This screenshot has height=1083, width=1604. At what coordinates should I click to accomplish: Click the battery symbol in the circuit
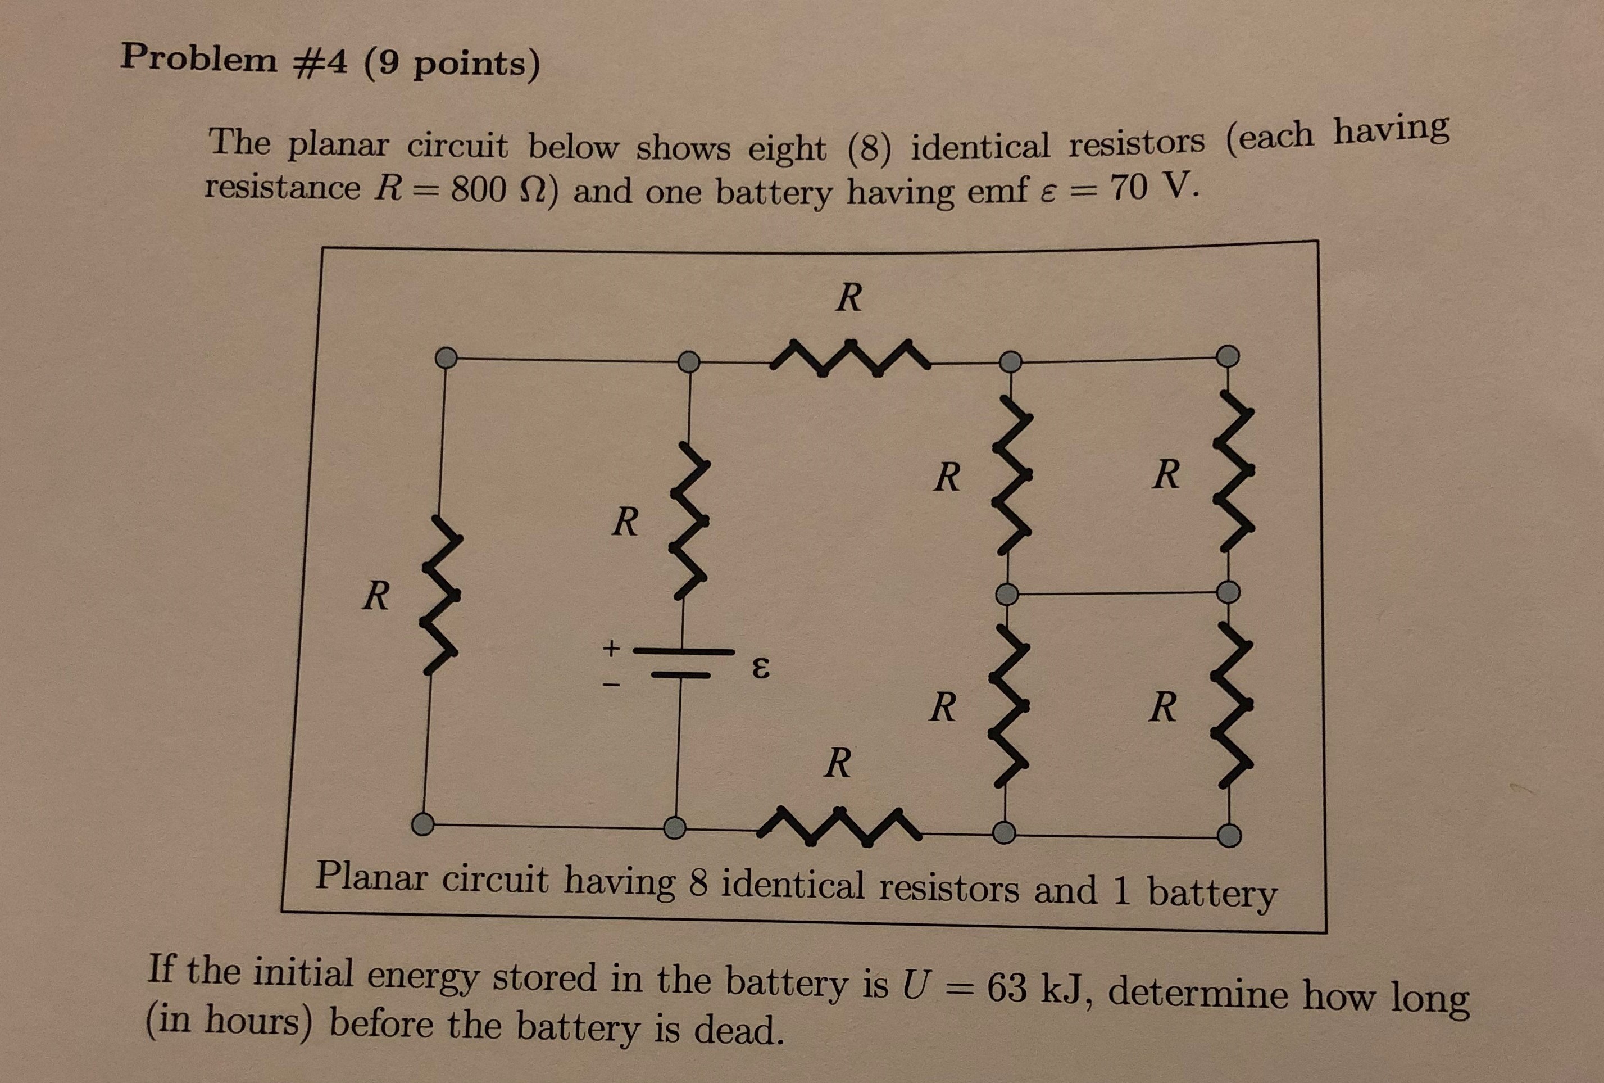click(683, 663)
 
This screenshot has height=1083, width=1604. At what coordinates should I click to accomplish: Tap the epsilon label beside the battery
click(758, 668)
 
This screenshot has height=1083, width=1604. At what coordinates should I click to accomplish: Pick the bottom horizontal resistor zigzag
click(839, 823)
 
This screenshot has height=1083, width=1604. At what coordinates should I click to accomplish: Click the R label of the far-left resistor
click(376, 596)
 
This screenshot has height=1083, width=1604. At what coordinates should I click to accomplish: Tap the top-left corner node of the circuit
click(446, 357)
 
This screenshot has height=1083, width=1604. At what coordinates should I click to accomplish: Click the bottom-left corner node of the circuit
click(422, 822)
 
